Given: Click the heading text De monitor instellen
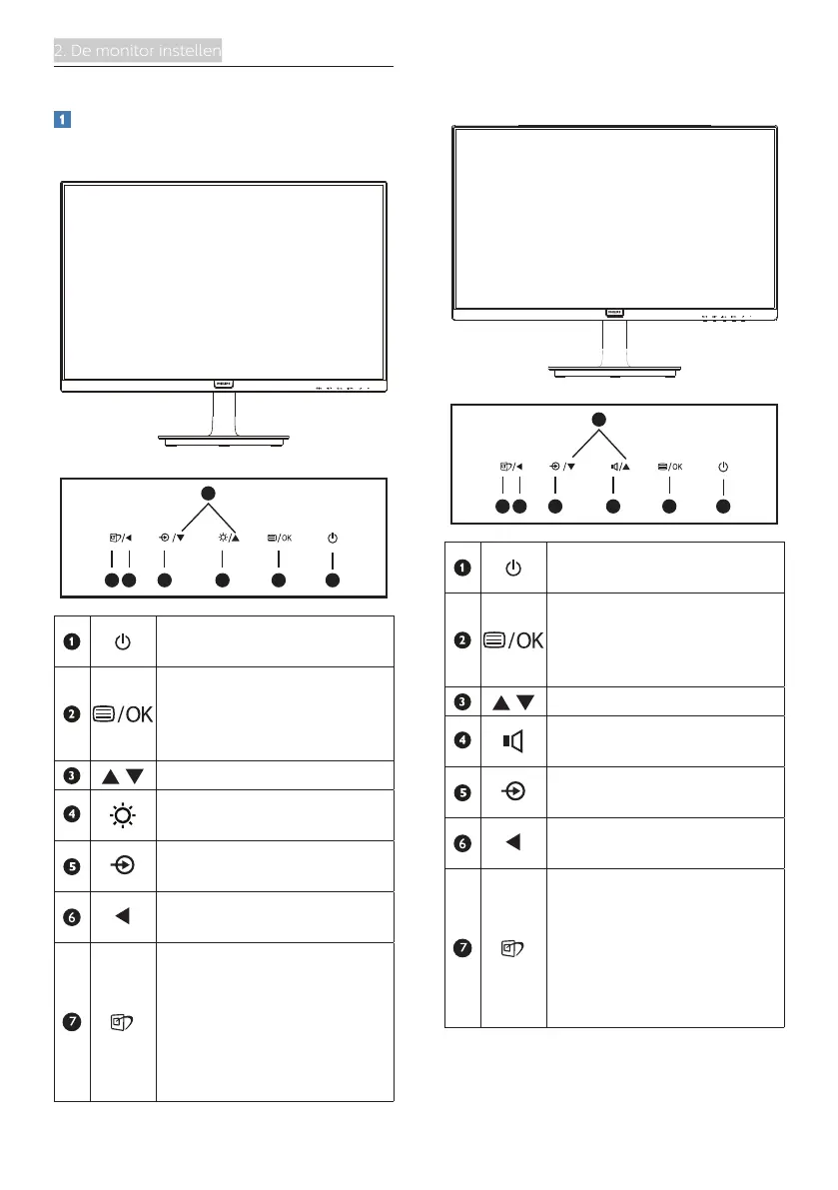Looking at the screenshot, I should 138,51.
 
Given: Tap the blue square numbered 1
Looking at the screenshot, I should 61,119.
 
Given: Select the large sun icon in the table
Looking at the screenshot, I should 122,814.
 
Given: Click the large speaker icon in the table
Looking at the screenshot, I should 512,740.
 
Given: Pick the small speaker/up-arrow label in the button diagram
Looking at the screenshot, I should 612,465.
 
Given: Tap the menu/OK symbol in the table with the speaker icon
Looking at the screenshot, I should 512,639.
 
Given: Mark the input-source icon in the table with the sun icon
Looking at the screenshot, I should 122,866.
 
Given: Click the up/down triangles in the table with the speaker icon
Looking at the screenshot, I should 512,700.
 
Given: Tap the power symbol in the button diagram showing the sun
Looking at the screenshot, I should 333,538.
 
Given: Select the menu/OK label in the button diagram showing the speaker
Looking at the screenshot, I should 669,465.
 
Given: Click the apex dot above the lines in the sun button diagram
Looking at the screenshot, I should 208,492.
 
